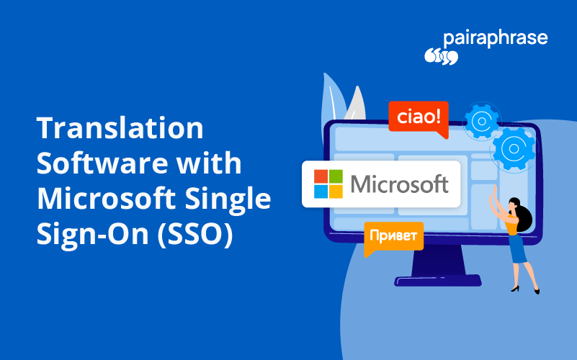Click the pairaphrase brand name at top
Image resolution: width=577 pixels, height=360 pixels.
pos(496,37)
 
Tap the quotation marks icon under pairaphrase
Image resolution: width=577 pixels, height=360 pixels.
pos(441,56)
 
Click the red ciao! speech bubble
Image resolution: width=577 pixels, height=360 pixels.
pos(418,116)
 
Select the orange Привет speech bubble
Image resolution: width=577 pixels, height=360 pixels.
pos(393,236)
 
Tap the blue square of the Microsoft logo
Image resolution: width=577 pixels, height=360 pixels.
pos(322,191)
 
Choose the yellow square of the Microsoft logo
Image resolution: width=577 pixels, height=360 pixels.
pos(336,191)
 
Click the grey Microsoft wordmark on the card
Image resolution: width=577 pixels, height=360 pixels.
pos(399,184)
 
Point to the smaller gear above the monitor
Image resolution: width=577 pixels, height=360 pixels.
pos(480,120)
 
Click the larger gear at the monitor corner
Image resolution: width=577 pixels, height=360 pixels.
pos(514,148)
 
